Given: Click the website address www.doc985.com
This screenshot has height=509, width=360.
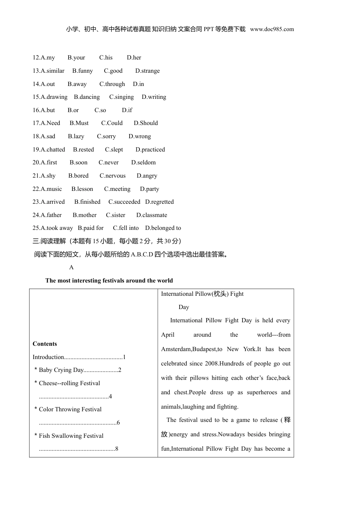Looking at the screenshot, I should (x=272, y=29).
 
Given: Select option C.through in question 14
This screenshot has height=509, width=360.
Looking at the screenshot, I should (x=112, y=84).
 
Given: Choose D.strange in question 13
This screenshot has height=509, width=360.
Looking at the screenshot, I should (x=147, y=71).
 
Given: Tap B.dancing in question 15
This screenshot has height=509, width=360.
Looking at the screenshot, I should (x=87, y=97).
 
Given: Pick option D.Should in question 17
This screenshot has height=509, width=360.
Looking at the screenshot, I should (x=146, y=123).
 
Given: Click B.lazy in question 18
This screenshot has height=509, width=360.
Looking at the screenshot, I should (x=76, y=136).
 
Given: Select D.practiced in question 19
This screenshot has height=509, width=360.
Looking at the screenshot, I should (x=150, y=150).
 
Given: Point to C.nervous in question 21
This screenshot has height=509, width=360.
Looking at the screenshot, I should (x=113, y=176).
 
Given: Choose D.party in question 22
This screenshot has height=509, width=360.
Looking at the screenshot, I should (x=149, y=189).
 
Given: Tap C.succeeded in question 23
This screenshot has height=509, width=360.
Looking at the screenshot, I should (x=124, y=202).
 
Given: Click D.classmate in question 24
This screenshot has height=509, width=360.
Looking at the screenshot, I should (x=152, y=215).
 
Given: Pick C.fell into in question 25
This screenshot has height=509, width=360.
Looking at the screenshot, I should (x=126, y=228).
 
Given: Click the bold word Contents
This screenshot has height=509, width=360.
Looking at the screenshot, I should (x=45, y=344).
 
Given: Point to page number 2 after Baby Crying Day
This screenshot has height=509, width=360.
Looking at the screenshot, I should (x=120, y=370).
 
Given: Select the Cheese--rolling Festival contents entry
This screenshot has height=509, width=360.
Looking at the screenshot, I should (x=69, y=383).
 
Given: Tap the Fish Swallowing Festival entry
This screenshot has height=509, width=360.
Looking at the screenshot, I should (x=71, y=436).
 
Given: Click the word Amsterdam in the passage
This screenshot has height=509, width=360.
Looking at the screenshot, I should (x=176, y=349).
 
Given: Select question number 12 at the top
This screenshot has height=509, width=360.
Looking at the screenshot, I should (x=36, y=58).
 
